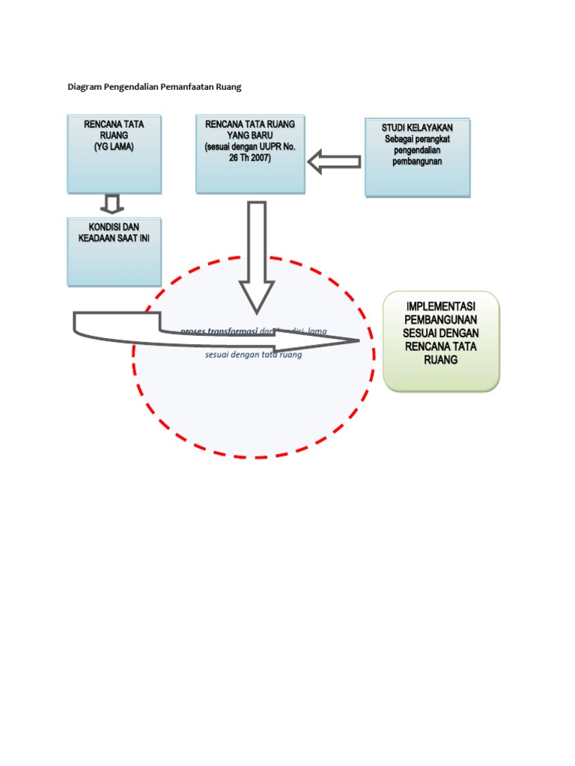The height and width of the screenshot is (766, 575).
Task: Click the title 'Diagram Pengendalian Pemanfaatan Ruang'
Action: point(154,88)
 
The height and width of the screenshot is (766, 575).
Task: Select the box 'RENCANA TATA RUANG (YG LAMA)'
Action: point(114,154)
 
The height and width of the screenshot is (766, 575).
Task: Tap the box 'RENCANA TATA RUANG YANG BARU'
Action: point(250,154)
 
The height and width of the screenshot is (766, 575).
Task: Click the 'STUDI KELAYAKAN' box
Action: point(417,157)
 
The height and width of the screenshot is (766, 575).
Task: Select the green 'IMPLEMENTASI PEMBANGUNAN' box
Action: point(441,341)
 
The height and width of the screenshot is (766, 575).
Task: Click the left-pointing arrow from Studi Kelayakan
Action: point(335,161)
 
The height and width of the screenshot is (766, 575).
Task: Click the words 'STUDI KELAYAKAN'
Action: point(417,128)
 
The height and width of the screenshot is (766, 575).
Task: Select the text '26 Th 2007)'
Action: point(250,158)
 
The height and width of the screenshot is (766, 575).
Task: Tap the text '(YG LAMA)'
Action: point(114,147)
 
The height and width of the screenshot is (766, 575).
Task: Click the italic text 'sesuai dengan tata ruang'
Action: point(254,355)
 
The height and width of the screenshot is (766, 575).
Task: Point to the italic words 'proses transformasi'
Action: point(219,331)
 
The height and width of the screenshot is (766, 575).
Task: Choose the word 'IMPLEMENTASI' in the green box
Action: point(441,307)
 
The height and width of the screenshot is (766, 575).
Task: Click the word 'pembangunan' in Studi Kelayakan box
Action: point(417,162)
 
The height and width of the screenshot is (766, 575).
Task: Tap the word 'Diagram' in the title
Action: point(85,88)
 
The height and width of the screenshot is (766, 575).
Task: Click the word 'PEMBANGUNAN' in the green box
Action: point(441,319)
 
